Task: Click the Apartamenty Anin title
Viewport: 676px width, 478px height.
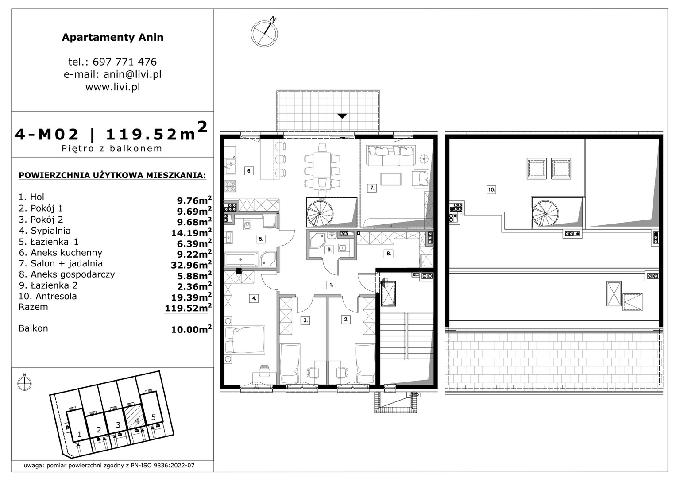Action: click(x=112, y=37)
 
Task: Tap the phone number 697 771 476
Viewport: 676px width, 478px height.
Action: click(x=125, y=62)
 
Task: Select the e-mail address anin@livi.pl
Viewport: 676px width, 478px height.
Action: click(x=132, y=74)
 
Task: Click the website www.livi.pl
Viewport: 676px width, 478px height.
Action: click(x=112, y=87)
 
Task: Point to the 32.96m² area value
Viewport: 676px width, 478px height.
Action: click(x=191, y=264)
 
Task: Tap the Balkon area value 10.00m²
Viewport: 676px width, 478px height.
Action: click(x=191, y=329)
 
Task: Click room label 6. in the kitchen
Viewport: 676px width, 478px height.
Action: click(x=249, y=171)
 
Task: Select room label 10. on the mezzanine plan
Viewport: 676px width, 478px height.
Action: click(x=491, y=190)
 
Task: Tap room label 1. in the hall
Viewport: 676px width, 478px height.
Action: click(x=332, y=285)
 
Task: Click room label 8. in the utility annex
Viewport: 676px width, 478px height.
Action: click(x=389, y=254)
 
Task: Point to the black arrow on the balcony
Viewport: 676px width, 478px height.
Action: click(x=342, y=116)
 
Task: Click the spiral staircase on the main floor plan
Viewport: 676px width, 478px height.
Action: click(x=320, y=212)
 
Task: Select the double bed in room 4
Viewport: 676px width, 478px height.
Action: click(x=245, y=340)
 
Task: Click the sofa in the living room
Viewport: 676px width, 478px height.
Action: click(x=391, y=155)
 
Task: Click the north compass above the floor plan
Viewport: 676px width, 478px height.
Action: click(x=264, y=33)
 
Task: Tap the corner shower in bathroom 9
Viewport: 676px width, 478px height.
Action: click(x=316, y=240)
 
